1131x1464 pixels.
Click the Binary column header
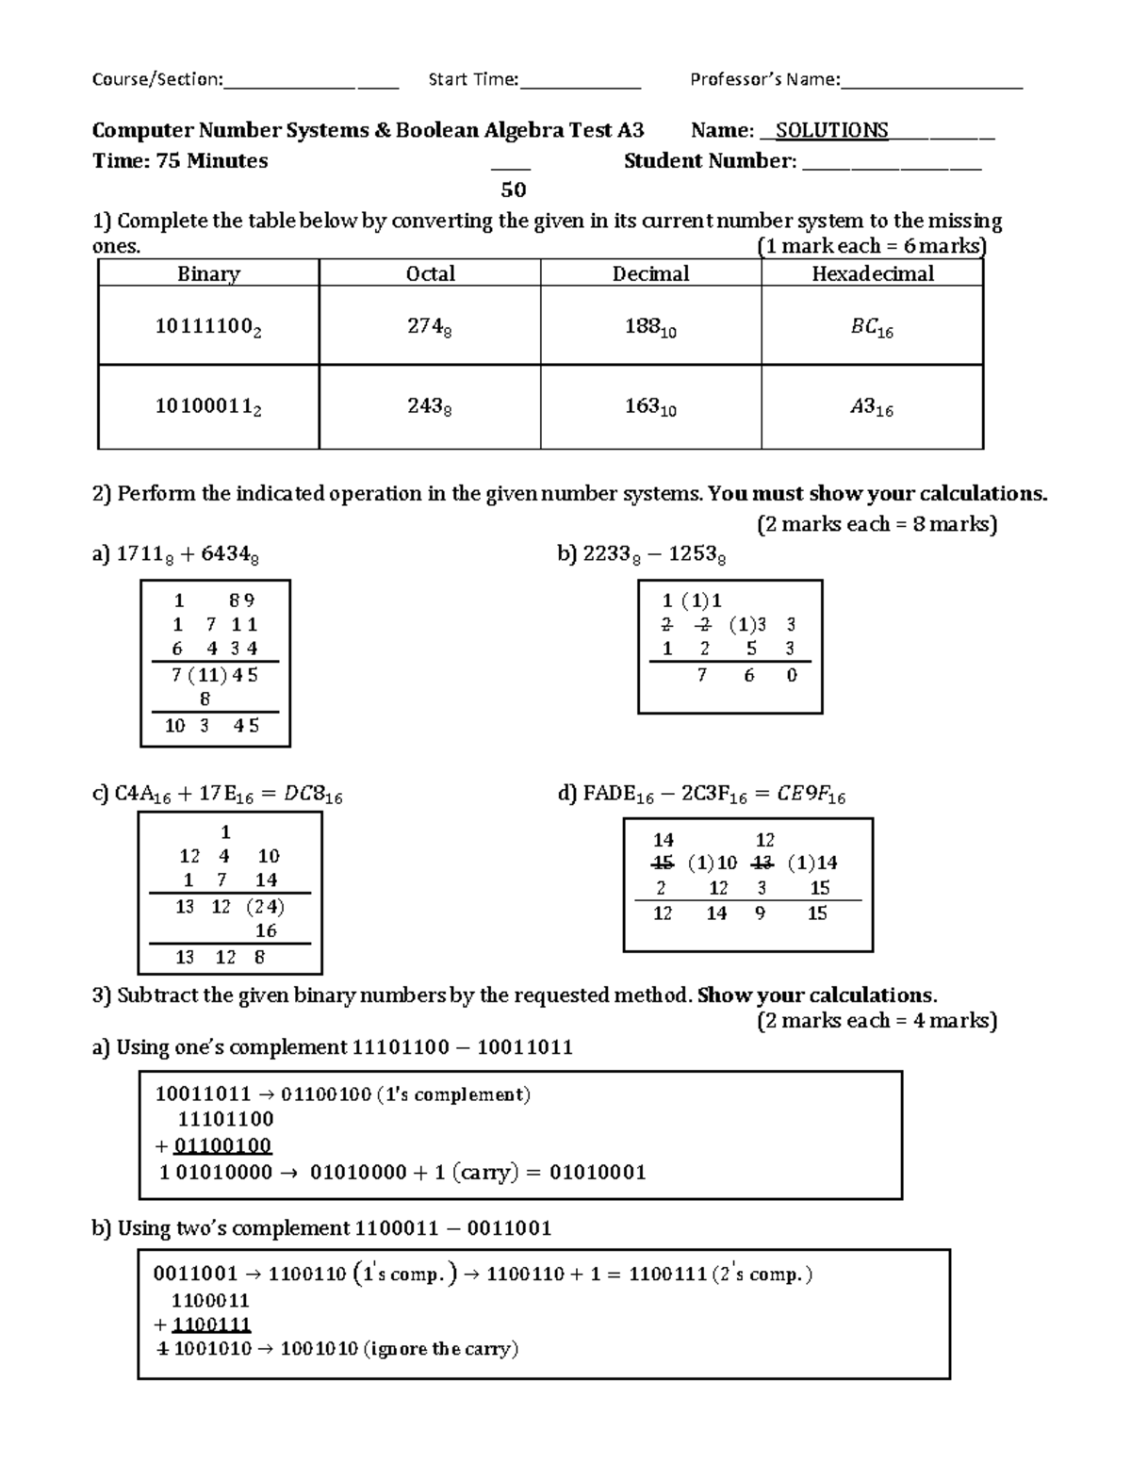[208, 273]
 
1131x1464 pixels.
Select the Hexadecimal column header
[872, 273]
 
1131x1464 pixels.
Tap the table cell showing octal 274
[429, 327]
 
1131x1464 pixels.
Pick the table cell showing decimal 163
[650, 407]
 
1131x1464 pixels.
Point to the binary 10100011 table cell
[208, 407]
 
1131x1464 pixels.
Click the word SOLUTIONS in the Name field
[831, 131]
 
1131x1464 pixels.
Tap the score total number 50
[513, 189]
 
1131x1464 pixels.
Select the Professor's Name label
[764, 79]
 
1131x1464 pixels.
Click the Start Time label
[473, 79]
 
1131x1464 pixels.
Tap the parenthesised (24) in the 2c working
[265, 906]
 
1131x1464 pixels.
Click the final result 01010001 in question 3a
[598, 1173]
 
